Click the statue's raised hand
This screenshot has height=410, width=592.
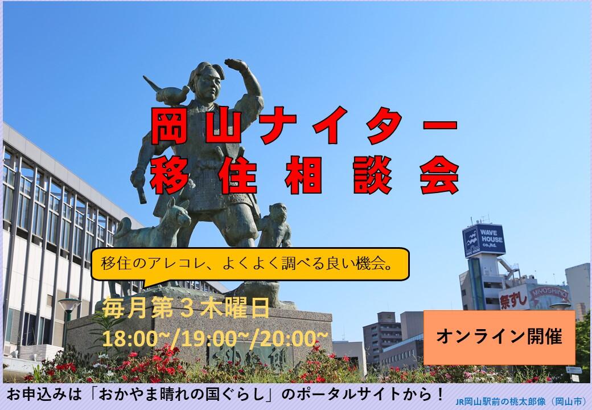click(x=237, y=64)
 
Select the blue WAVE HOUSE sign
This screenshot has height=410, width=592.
click(x=484, y=240)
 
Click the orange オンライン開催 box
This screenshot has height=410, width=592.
click(x=499, y=337)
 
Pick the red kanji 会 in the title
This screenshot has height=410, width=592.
click(x=439, y=175)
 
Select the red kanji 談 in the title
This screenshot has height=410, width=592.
click(x=372, y=175)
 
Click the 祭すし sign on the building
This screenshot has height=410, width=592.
click(x=513, y=300)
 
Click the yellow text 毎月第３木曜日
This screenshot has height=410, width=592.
click(x=186, y=307)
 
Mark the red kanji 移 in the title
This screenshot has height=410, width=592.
click(x=170, y=175)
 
